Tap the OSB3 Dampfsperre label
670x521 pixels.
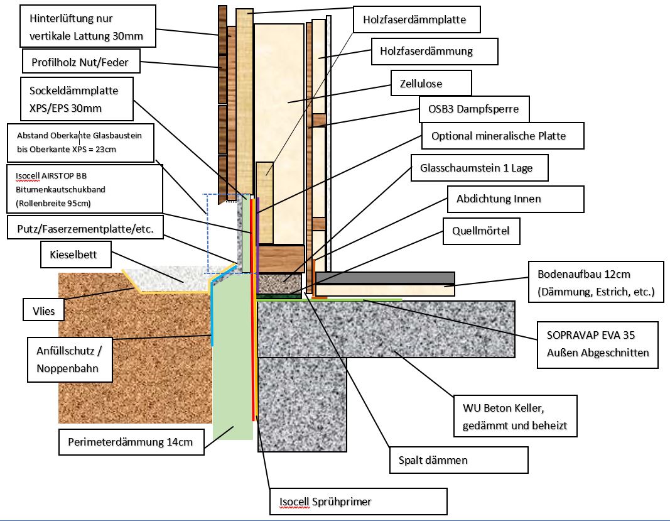click(474, 109)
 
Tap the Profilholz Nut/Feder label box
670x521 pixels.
click(80, 62)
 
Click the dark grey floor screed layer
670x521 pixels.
click(384, 278)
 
